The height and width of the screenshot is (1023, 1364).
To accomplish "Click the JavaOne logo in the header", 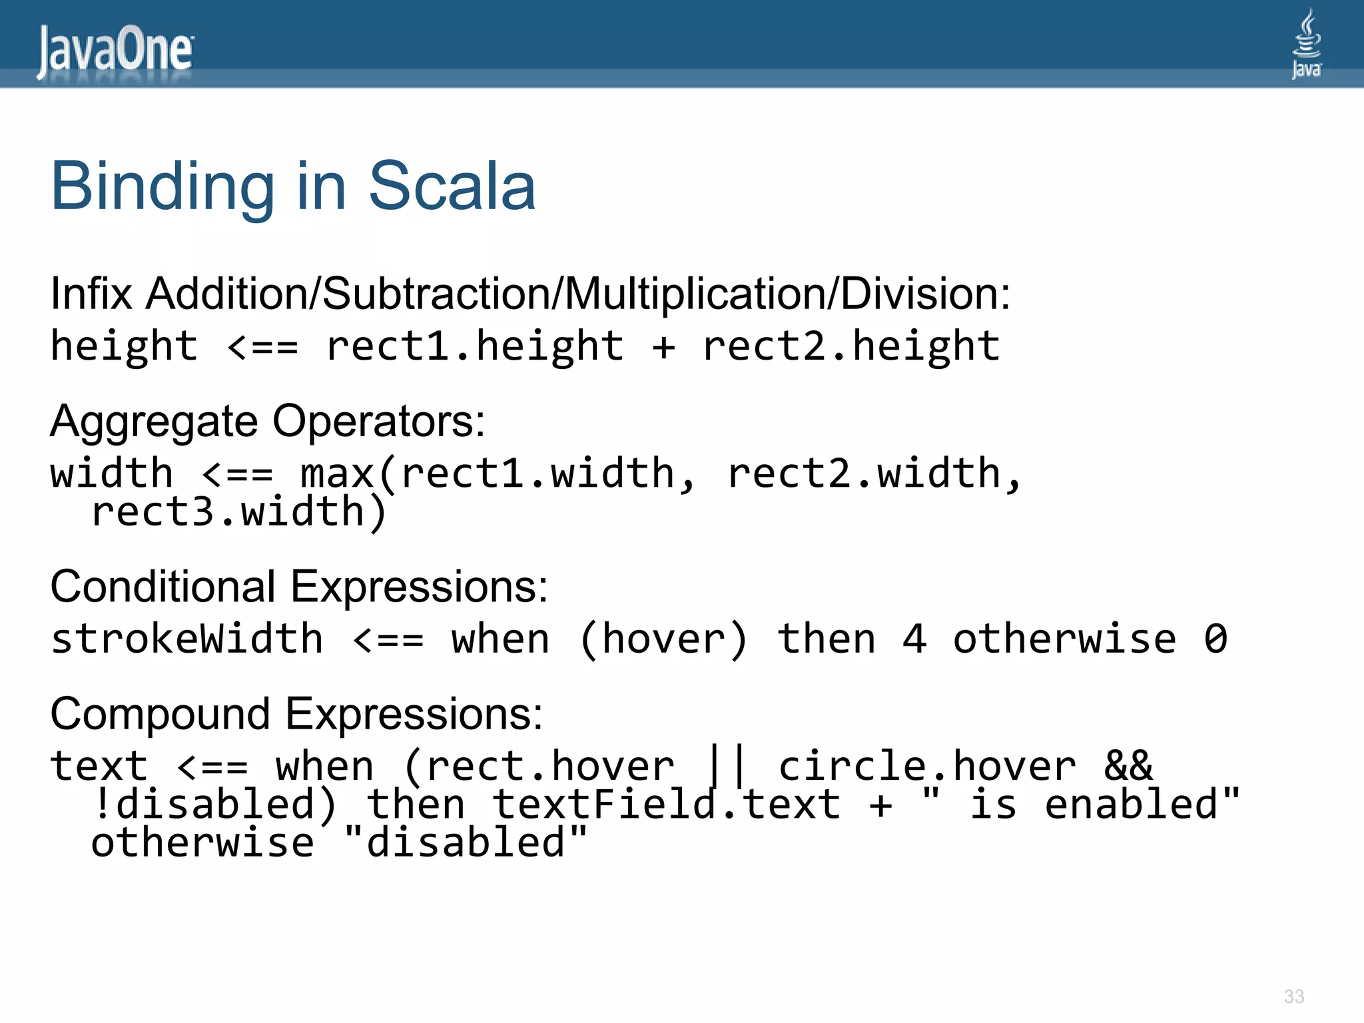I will (x=115, y=51).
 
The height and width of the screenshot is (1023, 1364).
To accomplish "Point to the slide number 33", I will (x=1293, y=996).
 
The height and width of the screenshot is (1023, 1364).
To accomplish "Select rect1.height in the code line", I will (x=475, y=346).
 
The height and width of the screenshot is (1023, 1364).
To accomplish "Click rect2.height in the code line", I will (x=851, y=346).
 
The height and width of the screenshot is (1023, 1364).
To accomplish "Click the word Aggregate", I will (x=154, y=422).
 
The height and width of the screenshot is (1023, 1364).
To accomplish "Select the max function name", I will (x=337, y=474).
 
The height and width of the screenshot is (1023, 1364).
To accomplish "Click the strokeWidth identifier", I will (x=187, y=639).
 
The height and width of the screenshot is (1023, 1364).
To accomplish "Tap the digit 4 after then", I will (x=914, y=639).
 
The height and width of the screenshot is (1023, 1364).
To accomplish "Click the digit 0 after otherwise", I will (x=1215, y=639).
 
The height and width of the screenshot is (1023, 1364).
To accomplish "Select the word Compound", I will (x=160, y=714).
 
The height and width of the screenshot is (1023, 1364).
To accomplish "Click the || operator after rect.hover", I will (x=726, y=766).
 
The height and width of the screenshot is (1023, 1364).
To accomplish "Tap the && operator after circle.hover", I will (x=1128, y=766).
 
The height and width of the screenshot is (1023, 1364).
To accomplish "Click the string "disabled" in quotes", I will (x=466, y=842).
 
